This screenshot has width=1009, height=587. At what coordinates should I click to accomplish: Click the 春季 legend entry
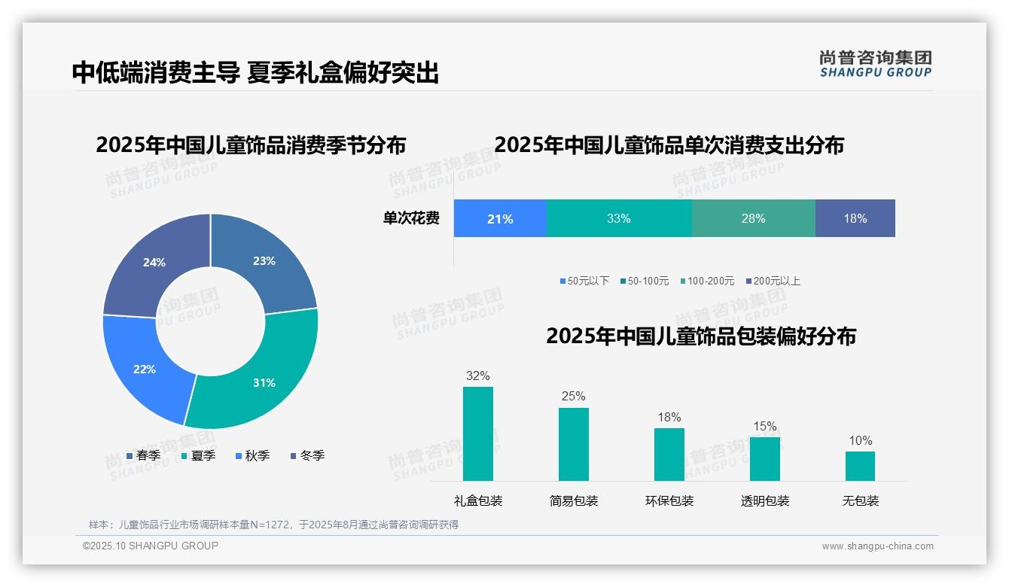(x=143, y=455)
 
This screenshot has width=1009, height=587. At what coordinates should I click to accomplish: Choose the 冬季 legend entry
(x=306, y=455)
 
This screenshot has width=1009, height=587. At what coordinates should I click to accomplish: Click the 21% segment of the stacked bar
(x=500, y=219)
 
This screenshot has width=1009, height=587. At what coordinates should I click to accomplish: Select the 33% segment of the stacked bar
(x=618, y=219)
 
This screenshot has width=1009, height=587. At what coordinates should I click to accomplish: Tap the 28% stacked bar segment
(x=753, y=219)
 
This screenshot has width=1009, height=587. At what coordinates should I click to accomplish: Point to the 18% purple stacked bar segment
(x=855, y=219)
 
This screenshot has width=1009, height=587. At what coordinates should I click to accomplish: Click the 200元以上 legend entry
(x=773, y=281)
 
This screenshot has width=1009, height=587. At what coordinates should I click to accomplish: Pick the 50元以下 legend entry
(x=584, y=281)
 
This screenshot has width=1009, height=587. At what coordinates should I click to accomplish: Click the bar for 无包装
(x=860, y=466)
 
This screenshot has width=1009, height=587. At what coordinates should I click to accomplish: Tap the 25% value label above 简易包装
(x=573, y=397)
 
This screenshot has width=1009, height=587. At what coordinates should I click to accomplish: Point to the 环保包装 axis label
(x=669, y=501)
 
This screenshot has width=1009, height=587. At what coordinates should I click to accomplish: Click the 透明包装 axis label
(x=765, y=501)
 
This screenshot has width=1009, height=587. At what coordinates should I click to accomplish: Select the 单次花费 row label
(x=411, y=219)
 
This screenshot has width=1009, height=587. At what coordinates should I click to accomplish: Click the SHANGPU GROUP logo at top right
(x=875, y=64)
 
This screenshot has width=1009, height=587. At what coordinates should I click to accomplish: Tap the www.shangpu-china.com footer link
(x=877, y=546)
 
